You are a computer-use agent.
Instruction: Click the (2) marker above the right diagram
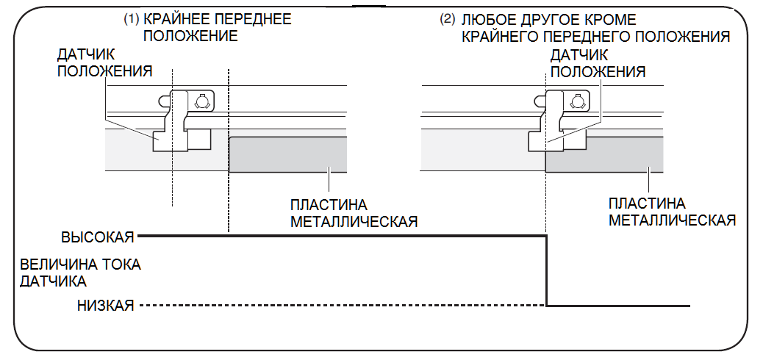click(448, 19)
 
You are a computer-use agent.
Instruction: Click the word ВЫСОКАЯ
click(97, 237)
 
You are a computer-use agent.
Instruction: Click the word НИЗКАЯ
click(105, 306)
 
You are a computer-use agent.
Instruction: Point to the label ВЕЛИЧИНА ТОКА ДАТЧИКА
click(80, 272)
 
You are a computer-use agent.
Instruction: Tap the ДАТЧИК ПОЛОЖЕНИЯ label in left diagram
click(104, 63)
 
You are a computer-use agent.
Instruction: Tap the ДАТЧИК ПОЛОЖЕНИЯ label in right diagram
click(598, 63)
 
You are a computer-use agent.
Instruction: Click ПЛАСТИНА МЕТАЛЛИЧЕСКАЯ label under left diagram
click(354, 213)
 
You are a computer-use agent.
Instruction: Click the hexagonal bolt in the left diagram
click(202, 101)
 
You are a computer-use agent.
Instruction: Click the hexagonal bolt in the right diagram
click(578, 101)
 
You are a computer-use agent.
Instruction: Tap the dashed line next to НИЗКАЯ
click(338, 306)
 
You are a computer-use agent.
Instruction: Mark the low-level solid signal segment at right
click(617, 306)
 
